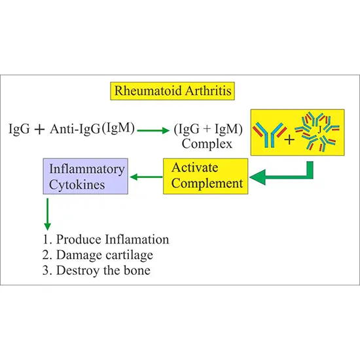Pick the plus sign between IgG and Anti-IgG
(x=39, y=129)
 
